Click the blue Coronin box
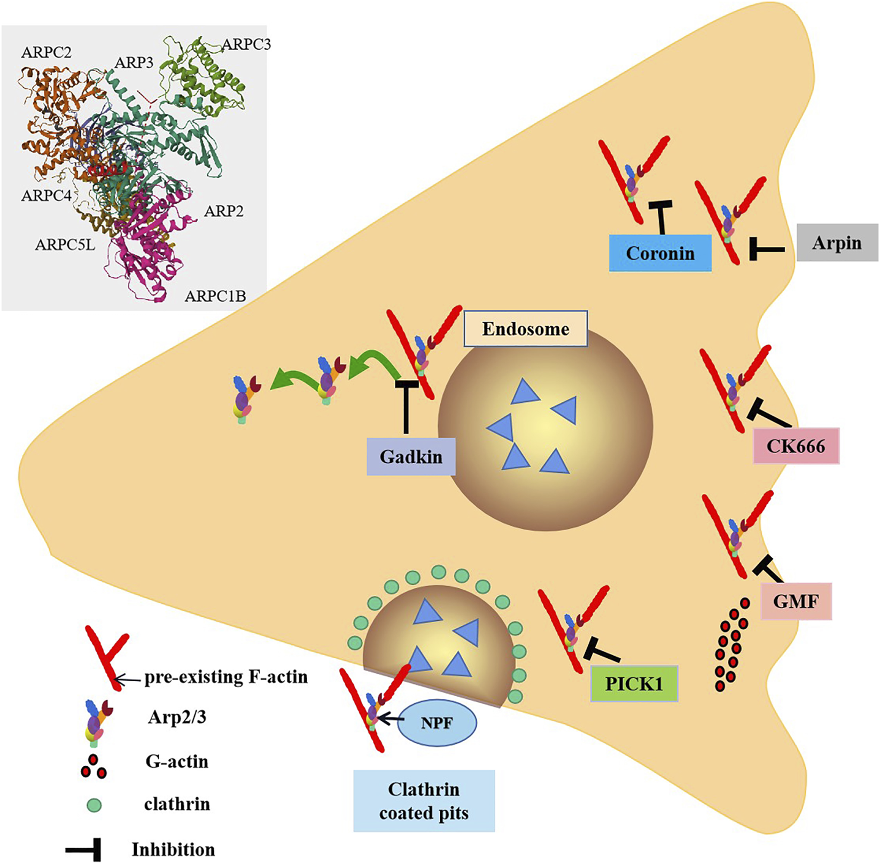(660, 253)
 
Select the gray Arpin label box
(837, 243)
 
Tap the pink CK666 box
(796, 446)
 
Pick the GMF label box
(796, 601)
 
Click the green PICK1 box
(634, 683)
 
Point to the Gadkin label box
(411, 457)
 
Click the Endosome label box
(525, 329)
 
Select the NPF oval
(437, 723)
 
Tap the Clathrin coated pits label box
(424, 800)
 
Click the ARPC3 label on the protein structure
(246, 44)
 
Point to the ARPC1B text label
(215, 295)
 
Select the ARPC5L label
(65, 245)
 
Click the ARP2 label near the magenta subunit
(223, 211)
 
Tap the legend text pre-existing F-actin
(226, 677)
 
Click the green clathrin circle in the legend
(94, 805)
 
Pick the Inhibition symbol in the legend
(84, 849)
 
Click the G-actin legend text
(177, 761)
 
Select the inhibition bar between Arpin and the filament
(765, 249)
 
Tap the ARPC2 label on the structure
(46, 52)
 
